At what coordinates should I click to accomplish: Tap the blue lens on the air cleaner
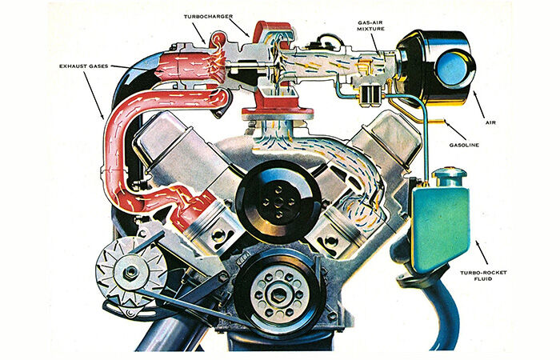(x=453, y=68)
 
